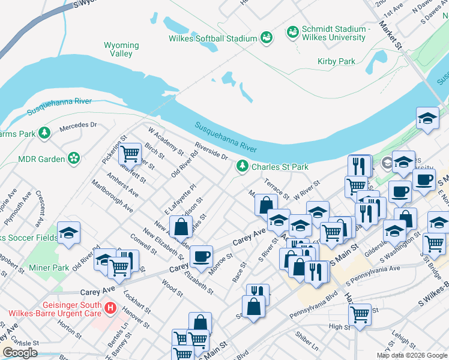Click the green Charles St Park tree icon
coord(243,166)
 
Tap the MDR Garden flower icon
coord(74,158)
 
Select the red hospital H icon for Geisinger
coord(110,308)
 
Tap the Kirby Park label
coord(336,61)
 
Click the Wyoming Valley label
coord(121,49)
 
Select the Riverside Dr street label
coord(211,151)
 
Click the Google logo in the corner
coord(20,353)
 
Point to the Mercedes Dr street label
coord(78,127)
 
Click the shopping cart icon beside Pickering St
coord(130,154)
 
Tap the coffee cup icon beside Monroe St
coord(201,256)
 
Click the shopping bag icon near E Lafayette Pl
coord(181,227)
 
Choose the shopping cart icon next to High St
coord(360,313)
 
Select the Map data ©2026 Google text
coord(411,355)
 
